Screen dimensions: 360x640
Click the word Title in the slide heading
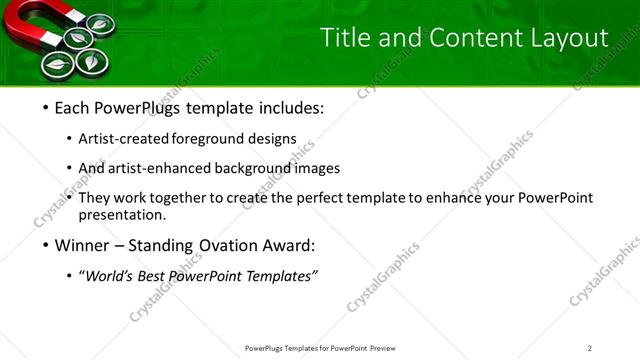342,38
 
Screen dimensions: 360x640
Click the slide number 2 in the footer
590,347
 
